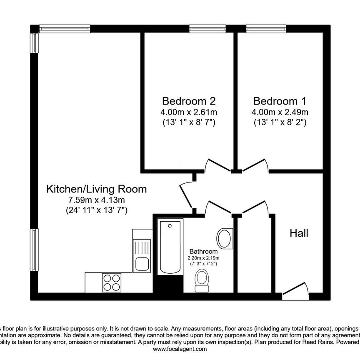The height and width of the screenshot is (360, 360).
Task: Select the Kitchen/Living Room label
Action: click(x=96, y=189)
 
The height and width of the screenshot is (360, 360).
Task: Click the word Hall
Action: click(x=299, y=233)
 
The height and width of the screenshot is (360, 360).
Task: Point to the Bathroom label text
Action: click(x=204, y=252)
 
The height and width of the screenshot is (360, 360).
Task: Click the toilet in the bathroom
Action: click(x=202, y=280)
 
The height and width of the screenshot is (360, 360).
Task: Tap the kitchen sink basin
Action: click(x=141, y=264)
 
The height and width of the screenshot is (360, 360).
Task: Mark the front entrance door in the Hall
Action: click(x=295, y=291)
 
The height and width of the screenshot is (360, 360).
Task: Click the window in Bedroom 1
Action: click(x=266, y=29)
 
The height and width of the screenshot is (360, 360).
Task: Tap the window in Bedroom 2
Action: click(x=207, y=29)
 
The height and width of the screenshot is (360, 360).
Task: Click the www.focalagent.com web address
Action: click(x=180, y=349)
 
